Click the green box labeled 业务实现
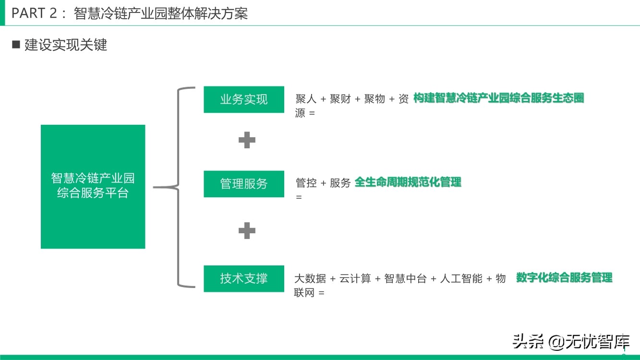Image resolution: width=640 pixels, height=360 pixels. [x=244, y=99]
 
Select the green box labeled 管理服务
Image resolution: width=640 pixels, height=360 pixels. [x=244, y=183]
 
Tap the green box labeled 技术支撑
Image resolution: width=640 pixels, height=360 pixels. [x=244, y=278]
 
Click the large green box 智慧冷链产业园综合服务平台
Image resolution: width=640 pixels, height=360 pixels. [x=93, y=186]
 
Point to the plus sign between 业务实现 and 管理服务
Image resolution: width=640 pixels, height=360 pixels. [x=247, y=140]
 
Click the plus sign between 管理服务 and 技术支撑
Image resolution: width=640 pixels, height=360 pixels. [x=247, y=231]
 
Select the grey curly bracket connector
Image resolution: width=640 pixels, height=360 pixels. [x=179, y=187]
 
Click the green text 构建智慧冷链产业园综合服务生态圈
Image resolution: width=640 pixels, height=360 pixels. [x=498, y=98]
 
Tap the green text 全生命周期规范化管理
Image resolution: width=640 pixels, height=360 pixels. [x=408, y=182]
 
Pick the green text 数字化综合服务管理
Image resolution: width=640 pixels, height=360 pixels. [x=564, y=277]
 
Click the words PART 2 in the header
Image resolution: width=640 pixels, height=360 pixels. [x=34, y=13]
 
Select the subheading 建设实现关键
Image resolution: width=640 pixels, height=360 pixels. [x=66, y=45]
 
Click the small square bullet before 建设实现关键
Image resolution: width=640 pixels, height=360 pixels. [x=16, y=45]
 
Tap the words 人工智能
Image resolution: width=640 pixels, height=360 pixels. [x=461, y=279]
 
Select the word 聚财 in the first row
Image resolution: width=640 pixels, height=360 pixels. [x=340, y=99]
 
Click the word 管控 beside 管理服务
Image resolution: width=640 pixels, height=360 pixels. [x=306, y=183]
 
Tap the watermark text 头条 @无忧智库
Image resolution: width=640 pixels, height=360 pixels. [x=571, y=342]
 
